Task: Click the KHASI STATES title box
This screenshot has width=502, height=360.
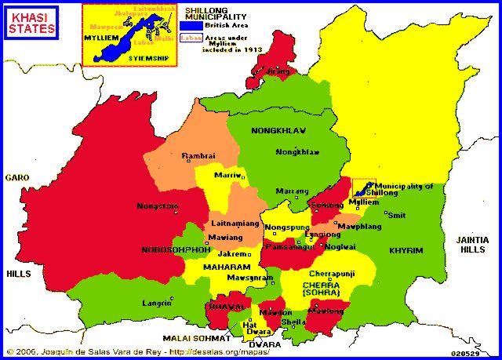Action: [32, 23]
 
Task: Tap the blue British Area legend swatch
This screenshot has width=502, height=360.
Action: [191, 26]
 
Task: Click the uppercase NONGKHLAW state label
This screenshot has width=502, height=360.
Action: [278, 130]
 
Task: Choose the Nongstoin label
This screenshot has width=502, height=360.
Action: [158, 206]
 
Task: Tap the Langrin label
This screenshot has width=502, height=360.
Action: [156, 302]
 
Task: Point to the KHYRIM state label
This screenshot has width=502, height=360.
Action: [406, 250]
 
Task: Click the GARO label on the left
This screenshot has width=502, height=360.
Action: [16, 178]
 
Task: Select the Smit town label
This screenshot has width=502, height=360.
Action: [397, 214]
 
